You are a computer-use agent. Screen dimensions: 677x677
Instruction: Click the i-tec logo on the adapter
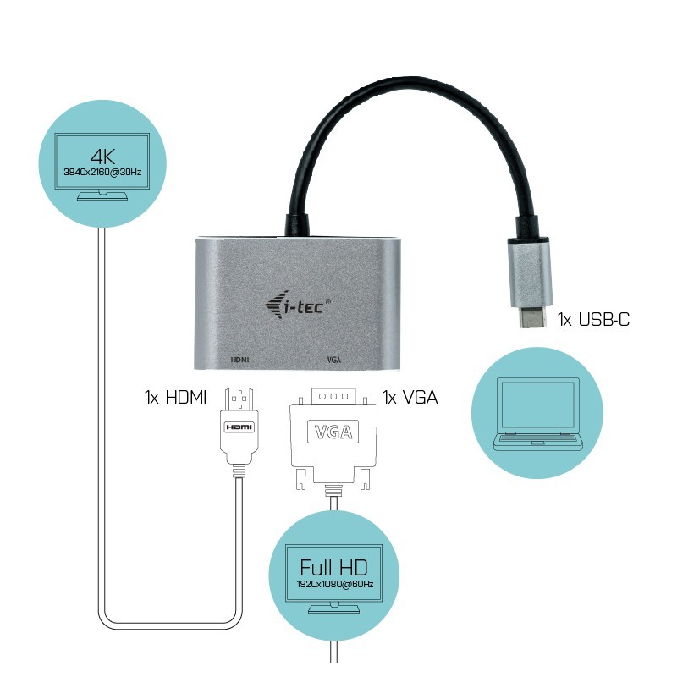[298, 305]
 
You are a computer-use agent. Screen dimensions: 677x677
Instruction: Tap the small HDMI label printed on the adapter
[240, 359]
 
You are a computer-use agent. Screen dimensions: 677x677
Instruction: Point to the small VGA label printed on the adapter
[334, 359]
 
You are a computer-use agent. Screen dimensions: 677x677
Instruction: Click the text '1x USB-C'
[593, 319]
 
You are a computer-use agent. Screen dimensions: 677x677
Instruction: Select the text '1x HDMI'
[175, 397]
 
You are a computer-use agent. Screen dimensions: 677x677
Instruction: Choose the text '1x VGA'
[410, 397]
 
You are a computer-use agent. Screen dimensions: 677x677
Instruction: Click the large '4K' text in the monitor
[102, 157]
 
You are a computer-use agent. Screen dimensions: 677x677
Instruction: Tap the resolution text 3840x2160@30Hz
[102, 172]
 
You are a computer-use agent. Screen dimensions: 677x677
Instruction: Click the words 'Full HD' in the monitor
[333, 567]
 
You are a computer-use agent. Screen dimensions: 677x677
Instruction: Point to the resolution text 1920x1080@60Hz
[334, 584]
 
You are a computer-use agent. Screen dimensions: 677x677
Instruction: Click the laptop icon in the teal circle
[537, 414]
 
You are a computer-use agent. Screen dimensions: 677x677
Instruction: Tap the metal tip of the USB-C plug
[531, 316]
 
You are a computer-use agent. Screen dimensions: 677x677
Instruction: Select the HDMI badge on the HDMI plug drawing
[239, 427]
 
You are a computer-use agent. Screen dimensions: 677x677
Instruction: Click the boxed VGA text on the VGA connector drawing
[333, 432]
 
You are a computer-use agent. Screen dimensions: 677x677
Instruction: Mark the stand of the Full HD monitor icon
[333, 608]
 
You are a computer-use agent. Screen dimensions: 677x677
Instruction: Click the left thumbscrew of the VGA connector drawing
[300, 479]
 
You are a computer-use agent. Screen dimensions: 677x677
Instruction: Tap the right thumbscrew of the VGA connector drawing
[366, 479]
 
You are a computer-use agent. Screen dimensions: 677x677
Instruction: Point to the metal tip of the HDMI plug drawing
[239, 399]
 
